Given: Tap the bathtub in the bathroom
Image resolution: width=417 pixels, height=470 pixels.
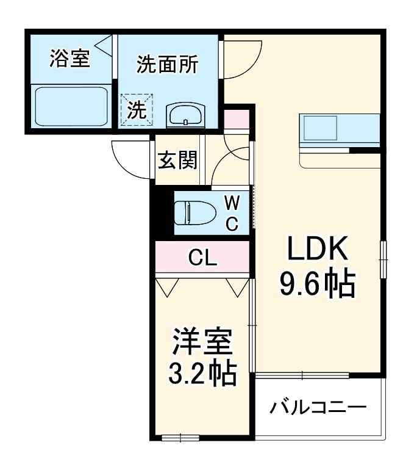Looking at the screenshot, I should [71, 106].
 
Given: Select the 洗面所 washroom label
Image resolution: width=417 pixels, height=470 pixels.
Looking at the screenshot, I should [167, 65].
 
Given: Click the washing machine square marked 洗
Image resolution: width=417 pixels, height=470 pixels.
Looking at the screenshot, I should [137, 110].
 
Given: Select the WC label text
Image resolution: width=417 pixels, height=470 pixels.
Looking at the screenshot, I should [232, 213].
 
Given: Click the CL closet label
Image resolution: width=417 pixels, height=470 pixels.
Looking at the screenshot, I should [202, 259].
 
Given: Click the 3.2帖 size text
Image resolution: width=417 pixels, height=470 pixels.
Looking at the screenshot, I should [202, 374].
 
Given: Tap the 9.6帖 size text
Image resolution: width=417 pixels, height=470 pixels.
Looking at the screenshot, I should [317, 284].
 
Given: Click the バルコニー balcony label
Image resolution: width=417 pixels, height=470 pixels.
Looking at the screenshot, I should [319, 407].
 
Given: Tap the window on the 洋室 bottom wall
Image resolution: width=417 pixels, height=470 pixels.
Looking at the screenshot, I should [180, 437].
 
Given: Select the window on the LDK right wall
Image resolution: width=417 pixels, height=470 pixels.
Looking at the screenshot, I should [383, 259].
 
